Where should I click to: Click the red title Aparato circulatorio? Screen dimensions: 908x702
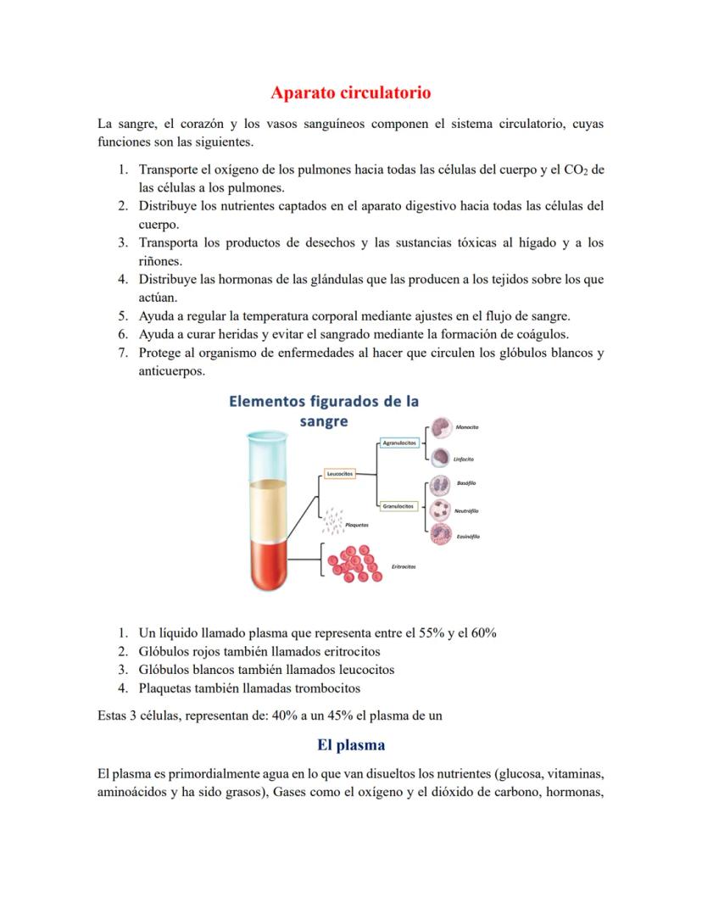click(x=351, y=92)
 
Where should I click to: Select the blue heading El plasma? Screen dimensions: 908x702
click(x=351, y=745)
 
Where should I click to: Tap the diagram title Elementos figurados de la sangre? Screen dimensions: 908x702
click(x=325, y=411)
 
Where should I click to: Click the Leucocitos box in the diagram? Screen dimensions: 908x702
click(x=339, y=474)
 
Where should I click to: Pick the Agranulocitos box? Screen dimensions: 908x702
click(x=398, y=443)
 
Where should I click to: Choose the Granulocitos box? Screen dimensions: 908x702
click(x=398, y=506)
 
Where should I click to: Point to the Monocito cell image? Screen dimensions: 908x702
click(x=440, y=428)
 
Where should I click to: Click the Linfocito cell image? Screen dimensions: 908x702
click(x=440, y=458)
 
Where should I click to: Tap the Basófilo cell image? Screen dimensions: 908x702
click(x=440, y=485)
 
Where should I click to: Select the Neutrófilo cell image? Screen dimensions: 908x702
click(x=440, y=510)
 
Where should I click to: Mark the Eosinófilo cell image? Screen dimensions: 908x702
click(x=440, y=535)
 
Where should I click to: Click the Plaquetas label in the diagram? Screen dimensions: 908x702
click(x=357, y=526)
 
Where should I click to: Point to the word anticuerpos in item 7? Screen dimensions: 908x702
click(x=171, y=371)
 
